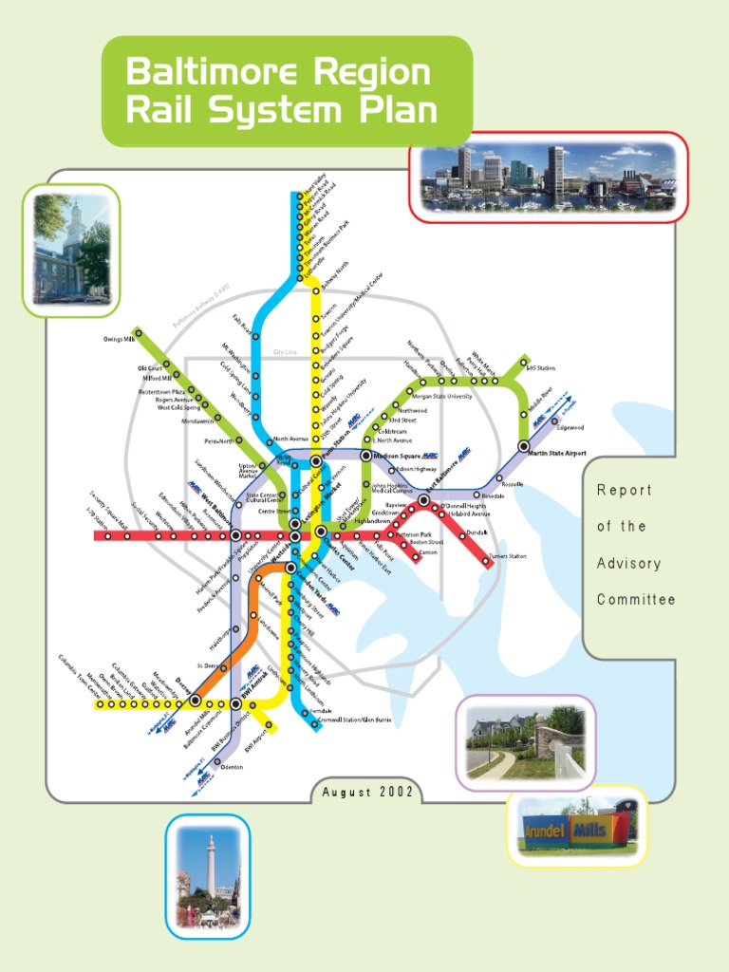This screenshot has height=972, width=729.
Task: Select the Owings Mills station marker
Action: coord(138,332)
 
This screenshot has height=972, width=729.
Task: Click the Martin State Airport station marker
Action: coord(523,445)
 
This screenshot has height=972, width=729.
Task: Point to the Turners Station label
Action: coord(507,556)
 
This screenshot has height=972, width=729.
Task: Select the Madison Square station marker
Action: coord(366,457)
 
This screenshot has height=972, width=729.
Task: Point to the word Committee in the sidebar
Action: coord(636,600)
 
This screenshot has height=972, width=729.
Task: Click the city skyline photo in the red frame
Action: coord(548,178)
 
